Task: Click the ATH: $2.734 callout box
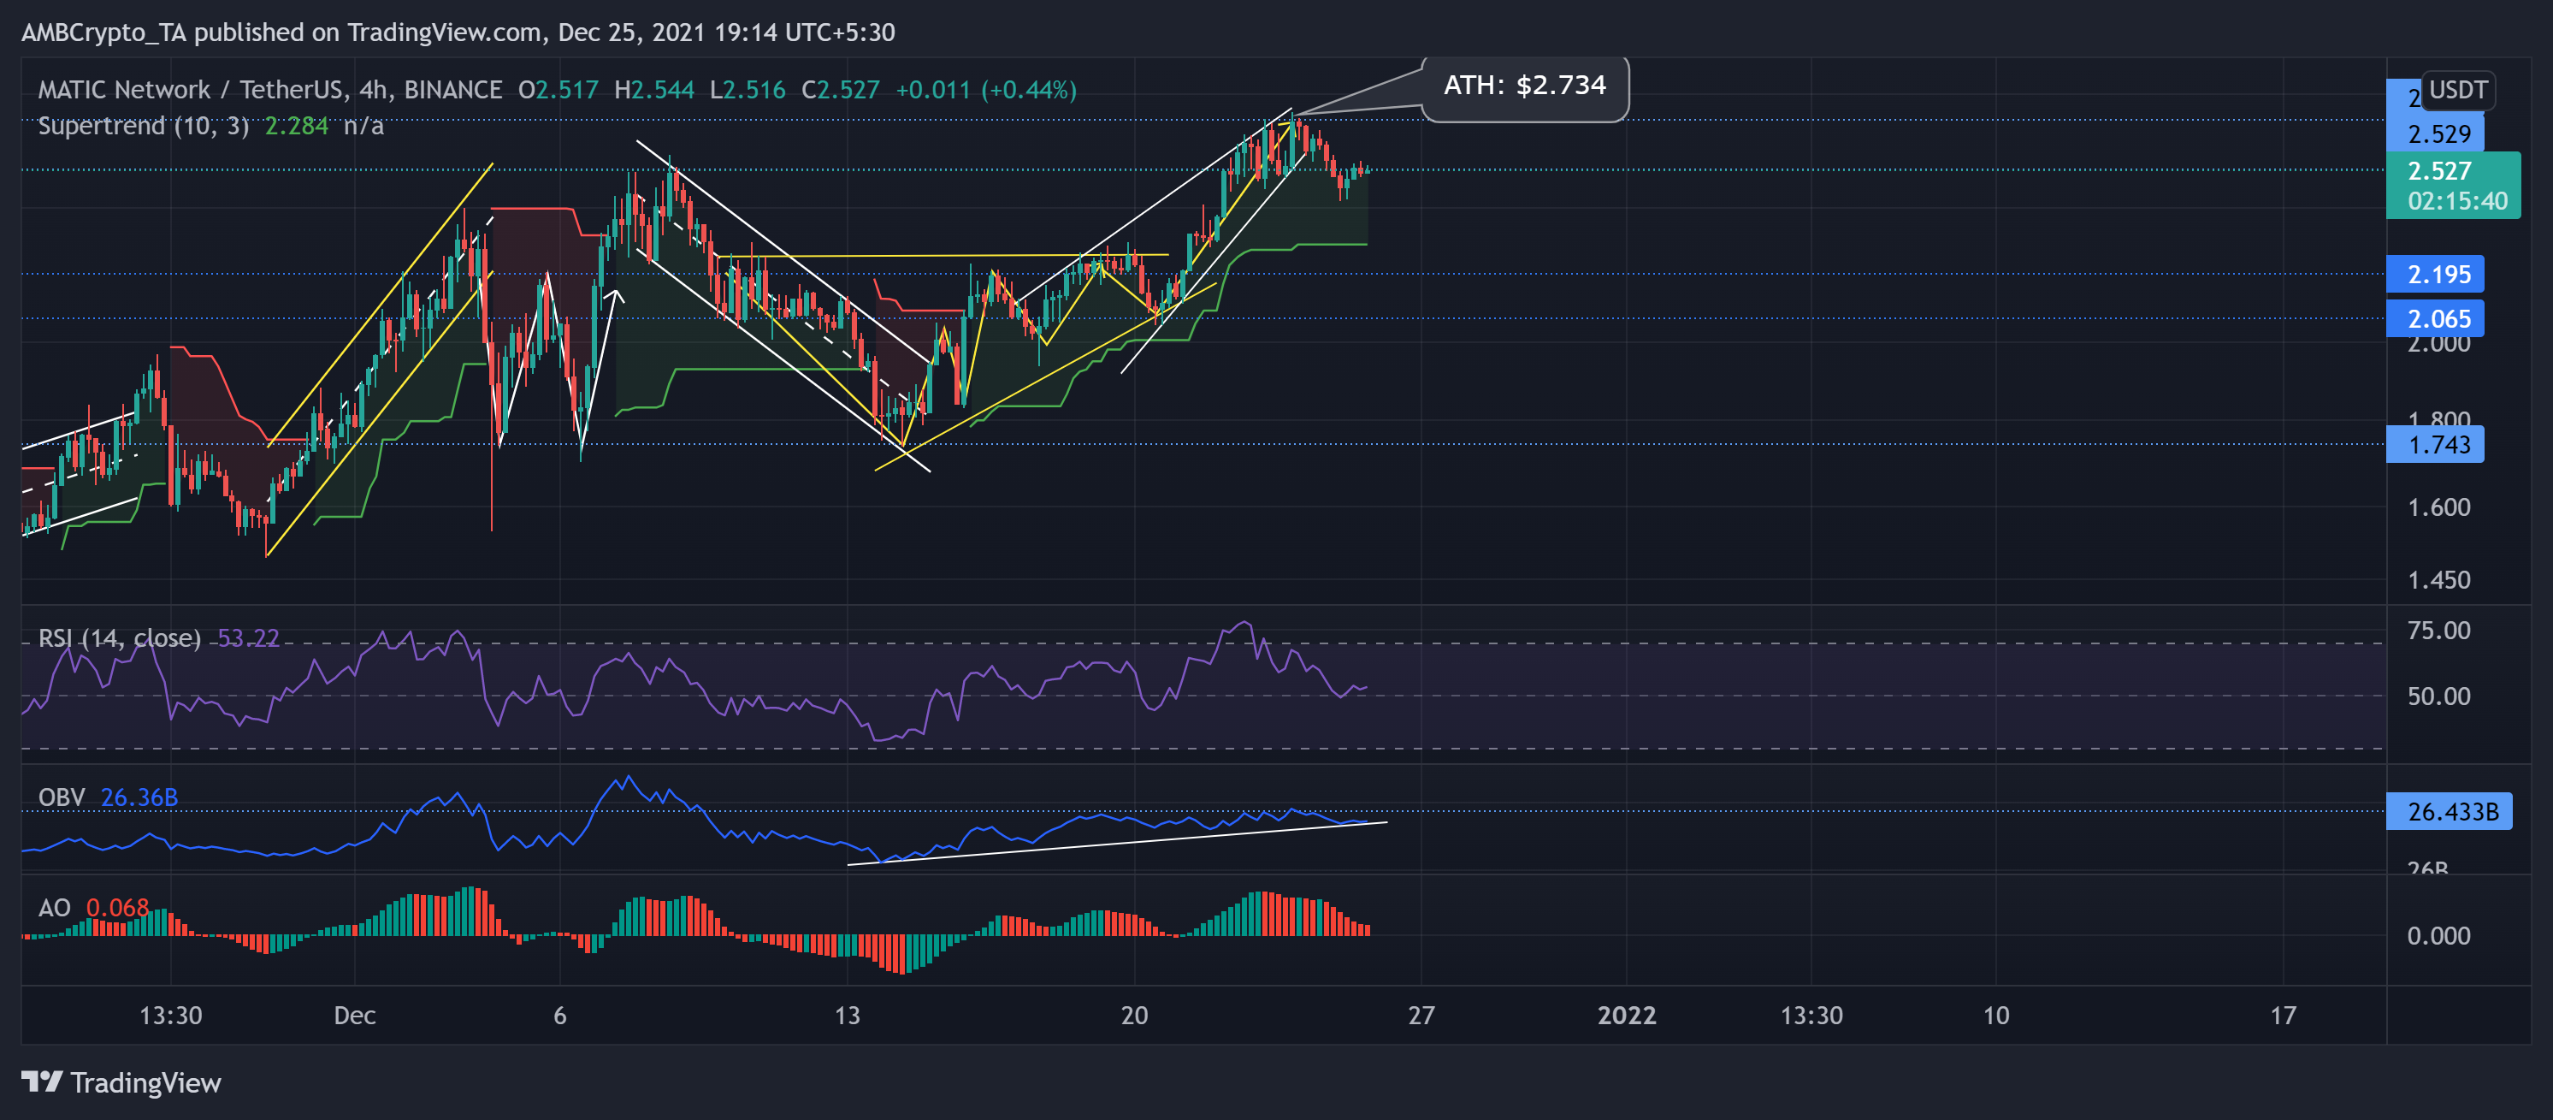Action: [x=1524, y=86]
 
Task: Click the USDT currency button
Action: [x=2457, y=90]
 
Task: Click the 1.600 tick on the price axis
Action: [x=2438, y=507]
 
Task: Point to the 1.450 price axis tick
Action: [x=2438, y=580]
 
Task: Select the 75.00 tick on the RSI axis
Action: [x=2438, y=631]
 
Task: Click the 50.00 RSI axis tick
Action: [x=2438, y=696]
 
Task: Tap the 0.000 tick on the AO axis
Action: [x=2438, y=936]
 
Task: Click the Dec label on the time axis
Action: [x=355, y=1015]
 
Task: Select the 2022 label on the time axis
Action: [x=1627, y=1015]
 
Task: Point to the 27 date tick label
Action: [x=1421, y=1015]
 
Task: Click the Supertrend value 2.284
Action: [x=296, y=126]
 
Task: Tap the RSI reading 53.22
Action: [x=248, y=638]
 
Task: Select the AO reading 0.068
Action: [x=117, y=908]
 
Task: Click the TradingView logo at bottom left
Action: [x=121, y=1082]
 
